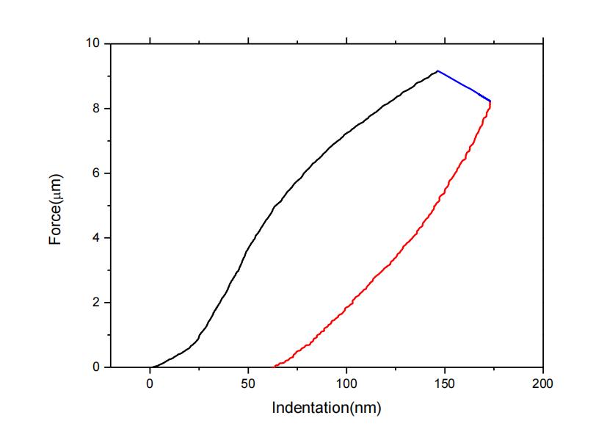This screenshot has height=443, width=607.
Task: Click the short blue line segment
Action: click(x=464, y=86)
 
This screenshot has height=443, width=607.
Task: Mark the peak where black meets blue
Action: click(x=437, y=71)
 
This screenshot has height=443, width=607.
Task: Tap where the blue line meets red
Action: click(x=490, y=101)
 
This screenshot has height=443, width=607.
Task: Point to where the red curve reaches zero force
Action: click(x=275, y=366)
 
